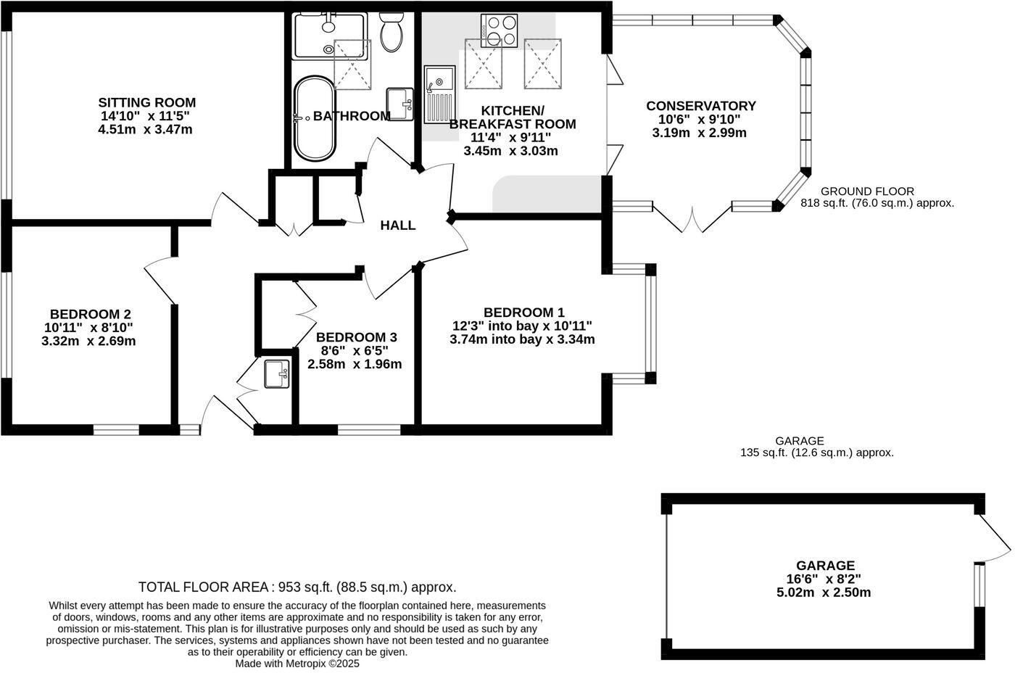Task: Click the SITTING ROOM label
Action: [146, 102]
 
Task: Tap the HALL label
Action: [398, 226]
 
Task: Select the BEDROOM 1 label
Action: [523, 312]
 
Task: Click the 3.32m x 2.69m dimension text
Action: [88, 341]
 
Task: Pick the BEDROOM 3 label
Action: [356, 337]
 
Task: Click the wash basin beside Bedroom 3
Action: [276, 375]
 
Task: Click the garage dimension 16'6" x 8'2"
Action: [824, 579]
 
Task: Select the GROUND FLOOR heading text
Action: [877, 191]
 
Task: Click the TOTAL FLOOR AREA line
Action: [297, 587]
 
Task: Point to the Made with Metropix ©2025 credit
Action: [297, 663]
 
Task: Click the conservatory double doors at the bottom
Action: [693, 220]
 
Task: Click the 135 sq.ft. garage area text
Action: [816, 453]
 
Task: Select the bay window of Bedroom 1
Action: [650, 323]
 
